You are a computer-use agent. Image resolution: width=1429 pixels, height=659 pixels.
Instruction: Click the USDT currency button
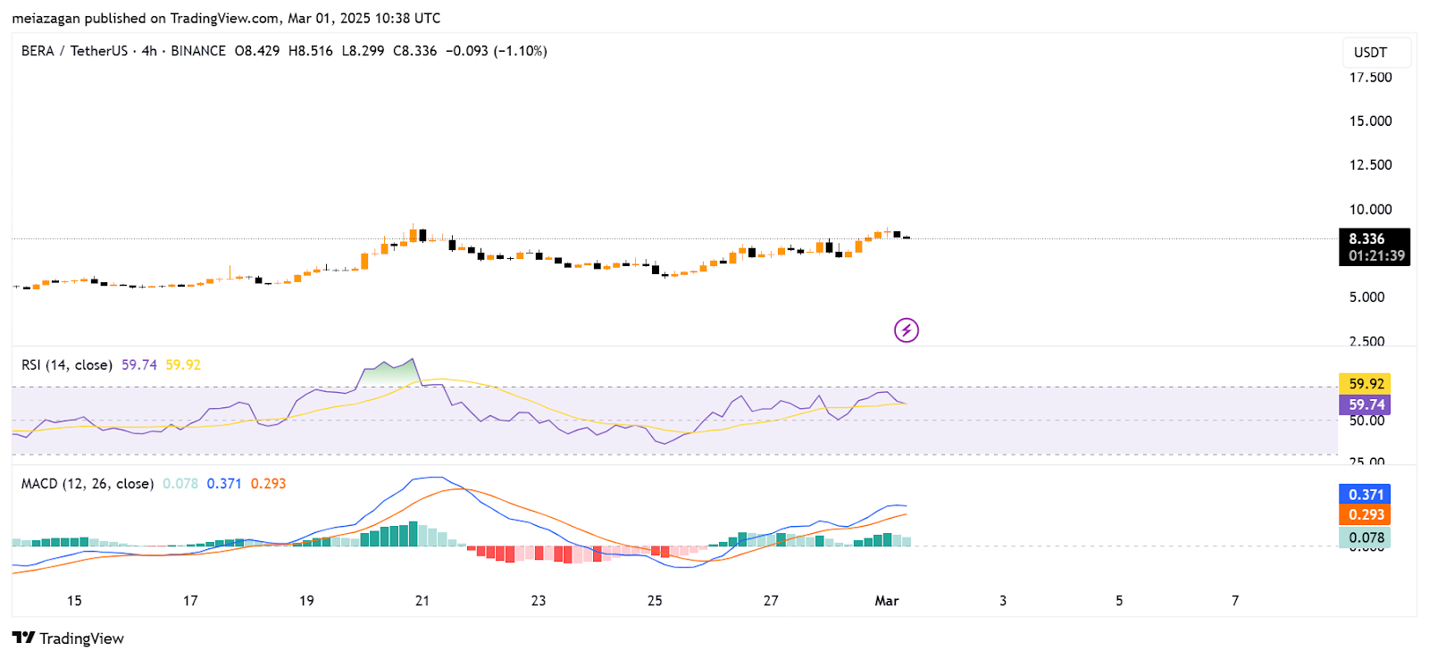(x=1370, y=53)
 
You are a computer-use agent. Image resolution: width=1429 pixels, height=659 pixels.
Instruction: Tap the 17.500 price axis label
(x=1370, y=78)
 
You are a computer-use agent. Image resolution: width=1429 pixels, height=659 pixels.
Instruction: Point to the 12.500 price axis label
(x=1370, y=165)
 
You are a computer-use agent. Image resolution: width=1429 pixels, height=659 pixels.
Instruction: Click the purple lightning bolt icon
(x=907, y=330)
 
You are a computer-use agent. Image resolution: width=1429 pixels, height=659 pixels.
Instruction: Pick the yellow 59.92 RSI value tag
(x=1366, y=384)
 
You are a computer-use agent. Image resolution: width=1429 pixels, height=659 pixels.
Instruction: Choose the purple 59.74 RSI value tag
(x=1366, y=405)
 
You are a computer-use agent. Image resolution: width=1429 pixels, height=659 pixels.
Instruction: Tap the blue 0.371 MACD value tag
(x=1366, y=495)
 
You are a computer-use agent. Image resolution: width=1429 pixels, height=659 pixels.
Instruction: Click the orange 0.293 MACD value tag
(x=1366, y=514)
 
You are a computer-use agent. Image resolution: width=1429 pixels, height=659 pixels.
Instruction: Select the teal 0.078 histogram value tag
(x=1366, y=538)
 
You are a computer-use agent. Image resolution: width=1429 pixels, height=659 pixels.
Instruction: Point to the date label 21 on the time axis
(x=422, y=601)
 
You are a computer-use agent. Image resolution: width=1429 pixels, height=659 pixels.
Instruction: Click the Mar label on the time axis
(x=886, y=601)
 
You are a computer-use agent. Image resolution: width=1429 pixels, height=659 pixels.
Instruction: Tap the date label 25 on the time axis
(x=655, y=601)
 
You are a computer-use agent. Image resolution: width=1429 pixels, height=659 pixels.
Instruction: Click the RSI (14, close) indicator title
(x=67, y=365)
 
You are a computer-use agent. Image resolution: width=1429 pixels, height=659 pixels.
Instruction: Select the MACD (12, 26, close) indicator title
(x=88, y=484)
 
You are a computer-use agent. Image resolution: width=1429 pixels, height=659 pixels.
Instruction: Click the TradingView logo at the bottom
(x=68, y=638)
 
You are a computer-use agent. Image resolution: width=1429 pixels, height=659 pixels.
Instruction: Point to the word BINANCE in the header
(x=198, y=51)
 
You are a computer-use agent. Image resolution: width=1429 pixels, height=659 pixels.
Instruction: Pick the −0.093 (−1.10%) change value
(x=497, y=51)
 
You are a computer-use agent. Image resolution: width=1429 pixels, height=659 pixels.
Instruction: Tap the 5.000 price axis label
(x=1366, y=297)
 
